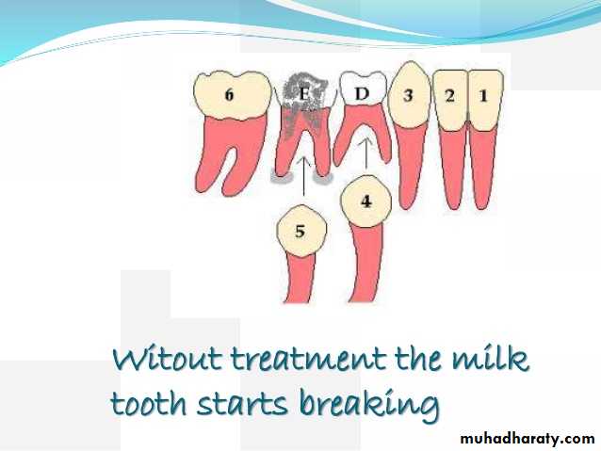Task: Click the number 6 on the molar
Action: pos(229,94)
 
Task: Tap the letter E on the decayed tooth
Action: pos(303,93)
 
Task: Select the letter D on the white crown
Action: pos(362,93)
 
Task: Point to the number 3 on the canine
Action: pos(408,95)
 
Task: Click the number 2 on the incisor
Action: pos(449,95)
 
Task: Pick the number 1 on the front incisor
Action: pos(483,95)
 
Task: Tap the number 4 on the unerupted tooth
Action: pos(366,201)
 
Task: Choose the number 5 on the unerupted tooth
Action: pos(300,232)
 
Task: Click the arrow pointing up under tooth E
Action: pos(304,175)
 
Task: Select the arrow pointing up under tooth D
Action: pos(366,153)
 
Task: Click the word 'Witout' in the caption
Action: pos(167,359)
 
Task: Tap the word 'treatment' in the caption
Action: pos(309,359)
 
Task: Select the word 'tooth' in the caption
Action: pos(149,404)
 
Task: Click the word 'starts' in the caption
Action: pos(242,405)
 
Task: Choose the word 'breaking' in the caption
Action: pos(369,406)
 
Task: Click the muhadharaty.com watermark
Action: pos(528,439)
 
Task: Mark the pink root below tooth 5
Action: pos(300,277)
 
